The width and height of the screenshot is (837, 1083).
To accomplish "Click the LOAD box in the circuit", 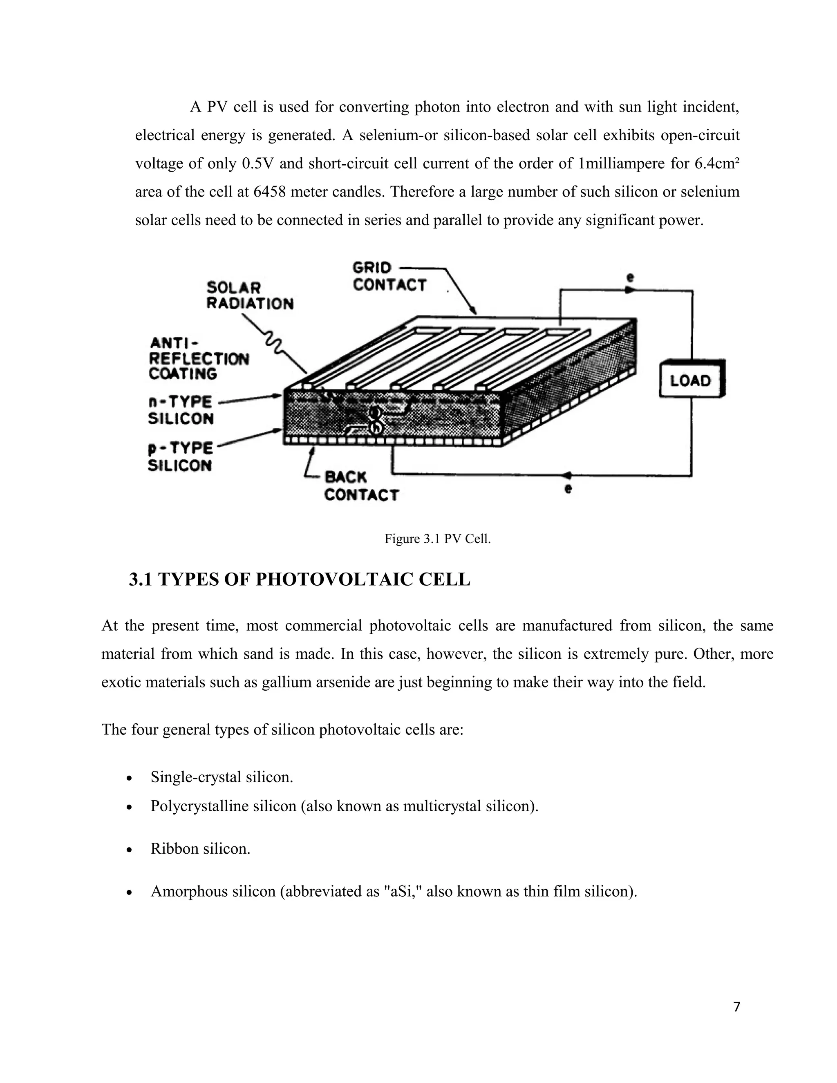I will pos(691,380).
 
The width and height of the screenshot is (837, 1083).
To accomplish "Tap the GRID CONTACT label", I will pos(389,276).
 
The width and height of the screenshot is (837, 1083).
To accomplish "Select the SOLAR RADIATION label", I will pos(249,295).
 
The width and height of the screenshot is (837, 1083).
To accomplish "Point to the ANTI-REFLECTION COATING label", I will pos(198,358).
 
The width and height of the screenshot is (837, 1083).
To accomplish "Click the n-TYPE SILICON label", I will pos(181,410).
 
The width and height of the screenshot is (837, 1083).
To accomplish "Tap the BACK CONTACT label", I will pos(360,486).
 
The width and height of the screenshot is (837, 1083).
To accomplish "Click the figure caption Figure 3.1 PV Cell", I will pos(437,539).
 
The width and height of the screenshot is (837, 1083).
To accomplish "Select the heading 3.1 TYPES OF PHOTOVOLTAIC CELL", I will pos(300,579).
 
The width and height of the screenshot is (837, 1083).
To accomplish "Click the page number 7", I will pos(736,1007).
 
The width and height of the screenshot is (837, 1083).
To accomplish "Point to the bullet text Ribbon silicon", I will pos(200,848).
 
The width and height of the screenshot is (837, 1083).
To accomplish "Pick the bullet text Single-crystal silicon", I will pos(222,776).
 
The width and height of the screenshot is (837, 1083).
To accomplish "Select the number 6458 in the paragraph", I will pos(269,192).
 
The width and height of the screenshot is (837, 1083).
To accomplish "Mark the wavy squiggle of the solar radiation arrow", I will pos(274,342).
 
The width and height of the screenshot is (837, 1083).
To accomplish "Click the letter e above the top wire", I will pos(630,278).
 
